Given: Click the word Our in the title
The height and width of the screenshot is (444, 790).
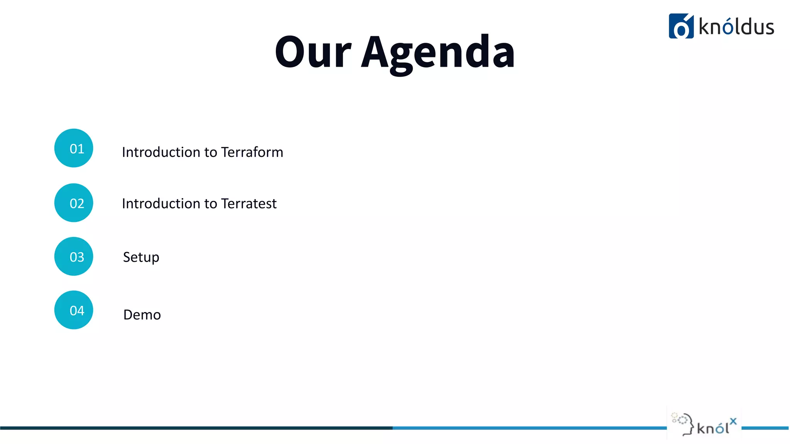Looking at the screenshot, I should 313,52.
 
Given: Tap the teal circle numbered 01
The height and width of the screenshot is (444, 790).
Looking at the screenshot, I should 74,148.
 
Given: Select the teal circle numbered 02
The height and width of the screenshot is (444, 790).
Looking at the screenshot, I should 74,203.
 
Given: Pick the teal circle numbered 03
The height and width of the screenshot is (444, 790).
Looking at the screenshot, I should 74,256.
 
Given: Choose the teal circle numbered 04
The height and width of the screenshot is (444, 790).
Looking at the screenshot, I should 74,310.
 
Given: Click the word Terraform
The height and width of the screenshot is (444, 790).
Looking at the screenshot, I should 252,152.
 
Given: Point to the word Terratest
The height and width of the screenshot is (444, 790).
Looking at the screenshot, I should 249,203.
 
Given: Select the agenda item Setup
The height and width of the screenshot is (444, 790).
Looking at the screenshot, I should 141,257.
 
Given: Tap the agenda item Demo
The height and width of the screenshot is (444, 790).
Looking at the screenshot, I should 142,315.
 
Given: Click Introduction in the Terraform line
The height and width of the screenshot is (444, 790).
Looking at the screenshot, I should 161,152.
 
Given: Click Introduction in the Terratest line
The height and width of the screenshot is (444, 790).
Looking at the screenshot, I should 161,203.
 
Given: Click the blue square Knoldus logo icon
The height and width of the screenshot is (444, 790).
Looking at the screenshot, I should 681,26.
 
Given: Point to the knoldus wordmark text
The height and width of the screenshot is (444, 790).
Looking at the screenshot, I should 736,27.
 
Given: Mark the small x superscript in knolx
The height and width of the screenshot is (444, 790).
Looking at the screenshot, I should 733,421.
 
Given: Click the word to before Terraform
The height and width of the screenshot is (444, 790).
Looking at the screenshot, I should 211,153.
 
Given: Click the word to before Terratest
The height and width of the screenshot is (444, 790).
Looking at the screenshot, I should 211,204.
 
